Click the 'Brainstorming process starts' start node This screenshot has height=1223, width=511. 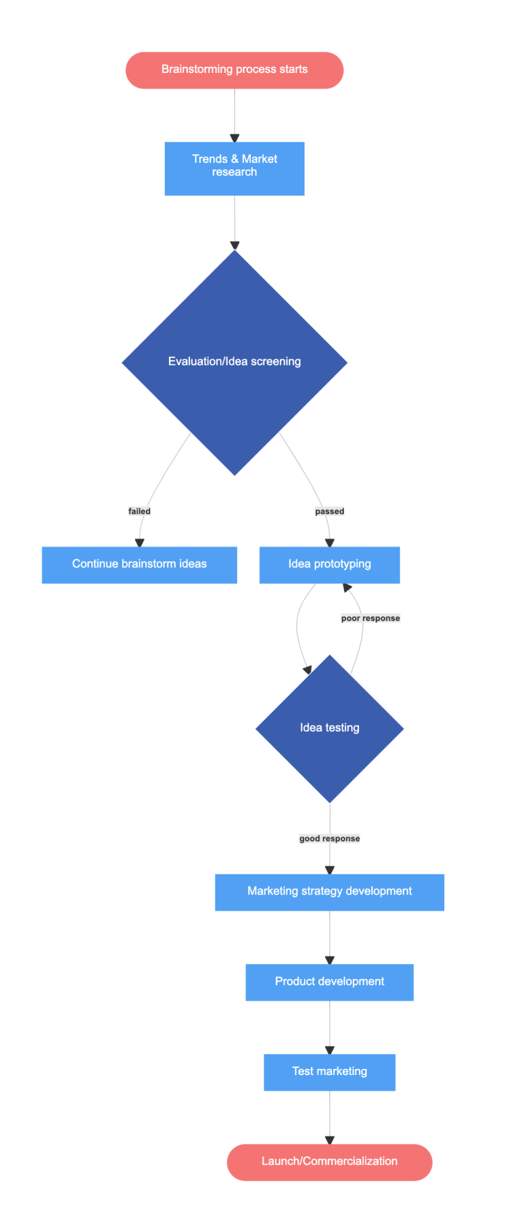point(234,70)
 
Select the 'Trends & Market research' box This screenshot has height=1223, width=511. point(234,168)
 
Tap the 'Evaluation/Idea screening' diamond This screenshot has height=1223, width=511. point(234,362)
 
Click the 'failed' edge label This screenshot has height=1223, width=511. point(140,511)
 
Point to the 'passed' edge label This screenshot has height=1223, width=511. point(330,511)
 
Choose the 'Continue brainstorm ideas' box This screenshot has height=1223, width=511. point(140,564)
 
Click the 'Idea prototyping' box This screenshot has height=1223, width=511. point(330,564)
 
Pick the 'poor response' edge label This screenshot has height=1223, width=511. point(371,618)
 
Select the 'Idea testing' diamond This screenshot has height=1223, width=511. point(330,728)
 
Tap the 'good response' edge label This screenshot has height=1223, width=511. point(330,839)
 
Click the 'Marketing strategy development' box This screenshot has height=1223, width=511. point(330,892)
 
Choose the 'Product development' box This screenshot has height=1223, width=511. point(330,982)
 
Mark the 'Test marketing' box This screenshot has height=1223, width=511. point(330,1072)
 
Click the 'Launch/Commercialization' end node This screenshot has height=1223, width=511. point(330,1162)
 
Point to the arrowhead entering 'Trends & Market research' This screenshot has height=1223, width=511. point(234,138)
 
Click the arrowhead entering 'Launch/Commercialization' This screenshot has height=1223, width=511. point(330,1141)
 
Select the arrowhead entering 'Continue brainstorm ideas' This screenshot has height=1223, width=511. point(140,543)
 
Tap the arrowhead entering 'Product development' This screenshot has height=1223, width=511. point(330,961)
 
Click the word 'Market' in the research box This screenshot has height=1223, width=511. point(260,160)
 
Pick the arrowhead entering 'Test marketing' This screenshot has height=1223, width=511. point(330,1051)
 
